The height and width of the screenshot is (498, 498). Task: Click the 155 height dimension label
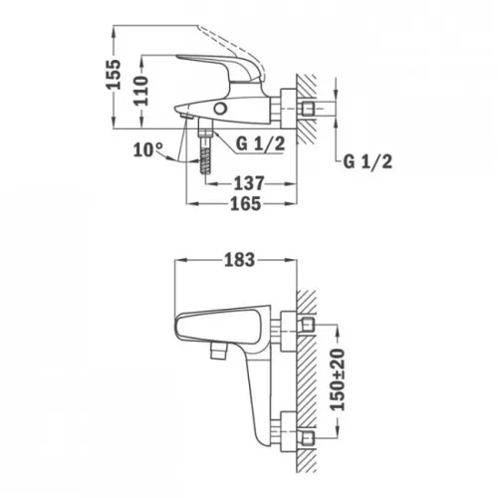[x=114, y=74]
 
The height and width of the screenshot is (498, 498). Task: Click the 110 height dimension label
[x=140, y=91]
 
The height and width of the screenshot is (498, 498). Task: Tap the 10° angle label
[x=148, y=149]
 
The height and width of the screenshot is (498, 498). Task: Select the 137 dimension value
[x=249, y=183]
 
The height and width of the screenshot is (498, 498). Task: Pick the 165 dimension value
[x=246, y=203]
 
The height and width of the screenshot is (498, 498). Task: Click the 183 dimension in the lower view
[x=240, y=260]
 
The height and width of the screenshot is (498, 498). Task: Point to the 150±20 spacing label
[x=339, y=379]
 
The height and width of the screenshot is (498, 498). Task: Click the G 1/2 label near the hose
[x=260, y=143]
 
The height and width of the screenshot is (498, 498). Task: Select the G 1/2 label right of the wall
[x=368, y=162]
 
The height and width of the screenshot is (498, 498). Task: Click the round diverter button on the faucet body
[x=220, y=109]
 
